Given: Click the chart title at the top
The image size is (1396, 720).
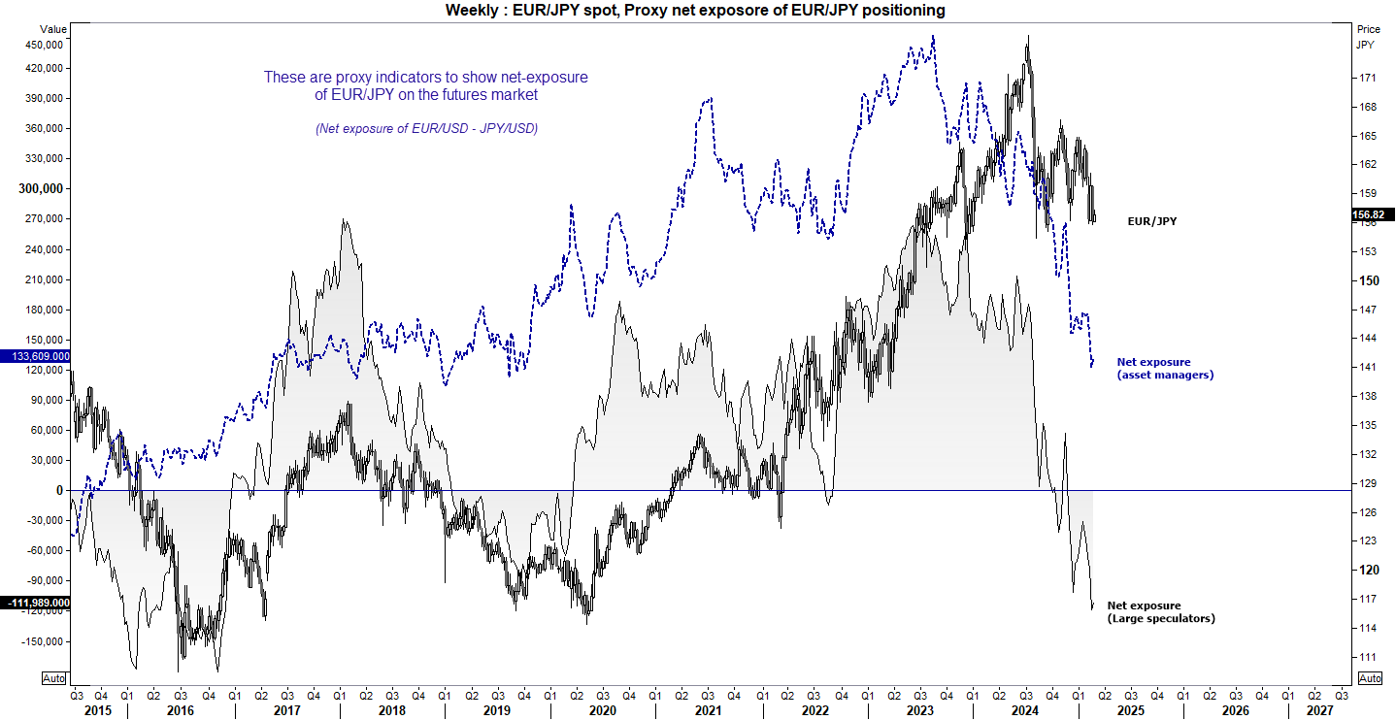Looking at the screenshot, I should pyautogui.click(x=695, y=10).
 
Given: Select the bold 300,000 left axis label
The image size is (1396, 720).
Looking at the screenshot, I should pyautogui.click(x=42, y=188).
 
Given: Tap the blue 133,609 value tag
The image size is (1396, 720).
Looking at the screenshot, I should pyautogui.click(x=35, y=357).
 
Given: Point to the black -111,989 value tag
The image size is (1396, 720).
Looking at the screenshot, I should pyautogui.click(x=35, y=604).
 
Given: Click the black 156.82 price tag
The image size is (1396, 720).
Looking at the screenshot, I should pyautogui.click(x=1373, y=215).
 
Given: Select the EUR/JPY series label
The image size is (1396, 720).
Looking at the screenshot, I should pyautogui.click(x=1151, y=222).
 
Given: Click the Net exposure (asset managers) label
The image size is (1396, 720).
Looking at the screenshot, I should pyautogui.click(x=1165, y=369).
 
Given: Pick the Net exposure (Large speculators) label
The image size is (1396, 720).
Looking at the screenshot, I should pyautogui.click(x=1161, y=611).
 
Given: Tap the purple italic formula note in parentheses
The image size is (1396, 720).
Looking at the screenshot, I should pyautogui.click(x=426, y=129).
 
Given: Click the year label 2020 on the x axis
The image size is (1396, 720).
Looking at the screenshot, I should pyautogui.click(x=602, y=710).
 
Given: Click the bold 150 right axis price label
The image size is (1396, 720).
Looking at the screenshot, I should pyautogui.click(x=1367, y=281).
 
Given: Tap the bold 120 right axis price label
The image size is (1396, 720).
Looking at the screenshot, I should pyautogui.click(x=1367, y=571).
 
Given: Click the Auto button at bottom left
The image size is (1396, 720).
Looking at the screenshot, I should pyautogui.click(x=54, y=678).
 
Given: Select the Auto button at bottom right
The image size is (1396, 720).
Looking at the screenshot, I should pyautogui.click(x=1369, y=678).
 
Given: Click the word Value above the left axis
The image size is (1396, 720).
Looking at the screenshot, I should pyautogui.click(x=52, y=30).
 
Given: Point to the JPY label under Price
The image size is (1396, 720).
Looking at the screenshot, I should pyautogui.click(x=1366, y=45).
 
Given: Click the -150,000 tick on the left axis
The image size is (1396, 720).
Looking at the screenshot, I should pyautogui.click(x=42, y=641).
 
